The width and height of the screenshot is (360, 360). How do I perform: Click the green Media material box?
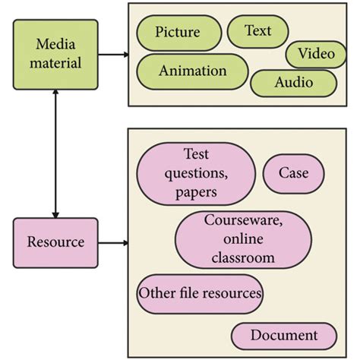55,53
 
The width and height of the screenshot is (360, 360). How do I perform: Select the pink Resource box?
55,242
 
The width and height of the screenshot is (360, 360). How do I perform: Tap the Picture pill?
177,32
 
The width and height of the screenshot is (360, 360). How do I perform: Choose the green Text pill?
257,31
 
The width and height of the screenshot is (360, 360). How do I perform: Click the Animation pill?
192,71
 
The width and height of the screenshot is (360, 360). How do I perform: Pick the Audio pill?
293,83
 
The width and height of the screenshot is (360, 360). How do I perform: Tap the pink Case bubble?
293,173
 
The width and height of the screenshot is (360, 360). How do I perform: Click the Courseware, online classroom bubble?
243,240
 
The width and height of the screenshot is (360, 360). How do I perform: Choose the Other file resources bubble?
200,293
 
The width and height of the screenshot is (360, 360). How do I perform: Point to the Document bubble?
283,335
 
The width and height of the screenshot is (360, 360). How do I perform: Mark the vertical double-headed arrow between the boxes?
55,152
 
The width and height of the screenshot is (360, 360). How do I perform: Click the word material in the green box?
55,62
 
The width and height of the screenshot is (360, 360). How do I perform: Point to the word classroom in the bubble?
243,258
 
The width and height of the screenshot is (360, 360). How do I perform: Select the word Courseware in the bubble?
243,222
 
